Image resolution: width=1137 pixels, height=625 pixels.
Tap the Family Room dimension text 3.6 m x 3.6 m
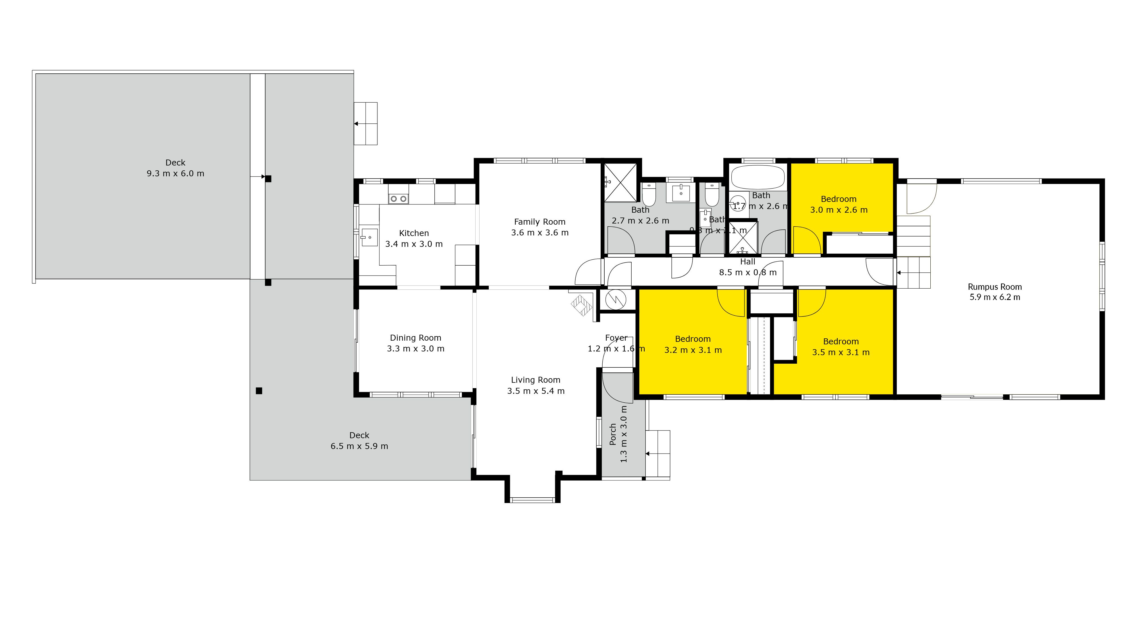pyautogui.click(x=540, y=233)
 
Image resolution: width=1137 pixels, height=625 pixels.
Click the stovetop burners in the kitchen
pyautogui.click(x=398, y=199)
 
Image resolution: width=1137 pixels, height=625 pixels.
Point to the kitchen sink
pyautogui.click(x=369, y=237)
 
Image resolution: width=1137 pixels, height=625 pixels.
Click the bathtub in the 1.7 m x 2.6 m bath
pyautogui.click(x=758, y=177)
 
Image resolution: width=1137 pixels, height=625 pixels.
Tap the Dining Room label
pyautogui.click(x=415, y=338)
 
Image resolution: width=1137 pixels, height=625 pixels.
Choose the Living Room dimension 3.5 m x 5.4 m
pyautogui.click(x=536, y=391)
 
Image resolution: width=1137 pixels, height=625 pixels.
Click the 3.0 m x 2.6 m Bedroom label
pyautogui.click(x=838, y=199)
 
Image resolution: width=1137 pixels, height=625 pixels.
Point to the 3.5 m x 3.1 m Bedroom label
pyautogui.click(x=841, y=342)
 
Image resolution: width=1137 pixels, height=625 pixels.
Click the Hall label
pyautogui.click(x=748, y=262)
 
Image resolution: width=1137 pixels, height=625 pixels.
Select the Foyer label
pyautogui.click(x=616, y=338)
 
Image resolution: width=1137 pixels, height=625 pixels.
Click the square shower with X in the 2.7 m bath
pyautogui.click(x=620, y=182)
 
